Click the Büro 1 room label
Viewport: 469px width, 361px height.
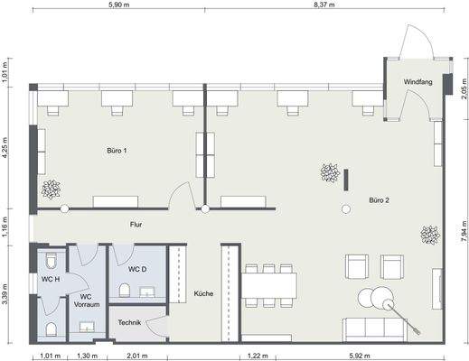(x=117, y=150)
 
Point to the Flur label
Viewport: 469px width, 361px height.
(x=136, y=224)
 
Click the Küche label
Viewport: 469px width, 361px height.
(x=203, y=294)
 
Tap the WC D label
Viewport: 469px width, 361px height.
(x=137, y=269)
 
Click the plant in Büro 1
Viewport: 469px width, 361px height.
(x=51, y=189)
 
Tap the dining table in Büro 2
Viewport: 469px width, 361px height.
(x=268, y=283)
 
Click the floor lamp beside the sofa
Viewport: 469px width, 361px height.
(x=390, y=303)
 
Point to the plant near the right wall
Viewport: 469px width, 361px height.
(x=428, y=235)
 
